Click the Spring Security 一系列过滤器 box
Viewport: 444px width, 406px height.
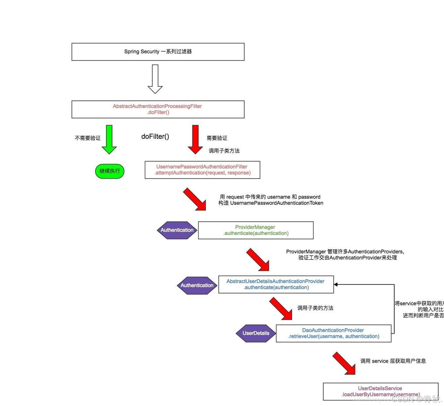(158, 52)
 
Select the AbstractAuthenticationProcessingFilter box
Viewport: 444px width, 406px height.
(158, 109)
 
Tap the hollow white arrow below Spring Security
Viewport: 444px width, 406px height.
(155, 79)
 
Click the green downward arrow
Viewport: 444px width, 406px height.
(109, 140)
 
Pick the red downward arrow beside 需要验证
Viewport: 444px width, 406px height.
(195, 140)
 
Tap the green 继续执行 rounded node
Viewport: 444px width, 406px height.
(110, 171)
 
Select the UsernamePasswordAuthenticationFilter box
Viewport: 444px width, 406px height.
(202, 170)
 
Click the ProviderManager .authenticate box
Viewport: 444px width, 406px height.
(256, 230)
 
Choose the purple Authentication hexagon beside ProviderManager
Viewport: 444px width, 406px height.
(177, 230)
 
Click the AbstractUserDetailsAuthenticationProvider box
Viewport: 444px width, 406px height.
(276, 284)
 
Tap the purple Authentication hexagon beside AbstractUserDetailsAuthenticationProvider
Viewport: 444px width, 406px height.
(197, 285)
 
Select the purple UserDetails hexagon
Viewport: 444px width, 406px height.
(256, 333)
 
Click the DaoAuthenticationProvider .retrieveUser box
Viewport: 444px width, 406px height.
(333, 333)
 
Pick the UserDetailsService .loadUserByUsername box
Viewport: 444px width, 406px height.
(380, 391)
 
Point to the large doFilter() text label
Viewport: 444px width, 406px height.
(155, 137)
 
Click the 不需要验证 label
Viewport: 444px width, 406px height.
(88, 138)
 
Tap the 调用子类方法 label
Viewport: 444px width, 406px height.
(224, 151)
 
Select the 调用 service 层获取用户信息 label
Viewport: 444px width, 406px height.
(393, 361)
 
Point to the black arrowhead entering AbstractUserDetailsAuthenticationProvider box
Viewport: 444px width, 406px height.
(336, 284)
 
